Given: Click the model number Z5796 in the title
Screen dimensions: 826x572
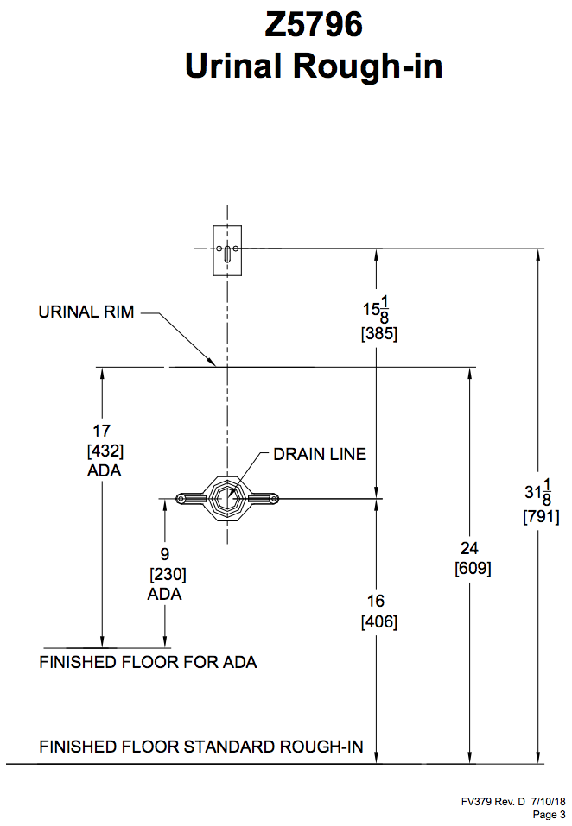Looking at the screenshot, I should tap(314, 26).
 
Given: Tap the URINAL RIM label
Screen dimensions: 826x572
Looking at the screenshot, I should tap(86, 312).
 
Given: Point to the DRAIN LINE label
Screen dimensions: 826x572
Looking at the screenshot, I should tap(320, 454).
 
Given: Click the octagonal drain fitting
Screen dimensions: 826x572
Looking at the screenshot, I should tap(226, 498).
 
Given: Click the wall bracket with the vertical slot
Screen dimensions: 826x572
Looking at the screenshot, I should tap(226, 251).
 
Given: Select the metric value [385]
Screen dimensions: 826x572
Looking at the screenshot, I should tap(378, 334).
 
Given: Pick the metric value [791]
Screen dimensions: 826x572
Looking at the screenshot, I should tap(541, 517).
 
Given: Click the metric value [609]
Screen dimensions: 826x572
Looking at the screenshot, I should tap(473, 569).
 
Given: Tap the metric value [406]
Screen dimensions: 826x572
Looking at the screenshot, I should tap(378, 621).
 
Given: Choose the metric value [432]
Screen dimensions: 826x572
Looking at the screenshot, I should tap(105, 451).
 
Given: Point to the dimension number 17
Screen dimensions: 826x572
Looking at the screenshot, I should tap(102, 431).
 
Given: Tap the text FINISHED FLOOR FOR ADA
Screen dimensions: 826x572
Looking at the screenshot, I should tap(148, 663).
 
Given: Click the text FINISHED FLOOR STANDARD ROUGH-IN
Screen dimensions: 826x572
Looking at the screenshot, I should tap(201, 747).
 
